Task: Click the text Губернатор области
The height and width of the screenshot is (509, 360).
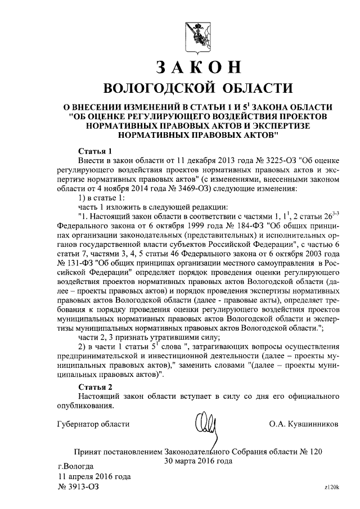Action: pos(94,424)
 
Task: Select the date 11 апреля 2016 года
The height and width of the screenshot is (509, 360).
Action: pos(94,477)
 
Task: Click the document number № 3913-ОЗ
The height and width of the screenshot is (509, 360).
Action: pos(79,487)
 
